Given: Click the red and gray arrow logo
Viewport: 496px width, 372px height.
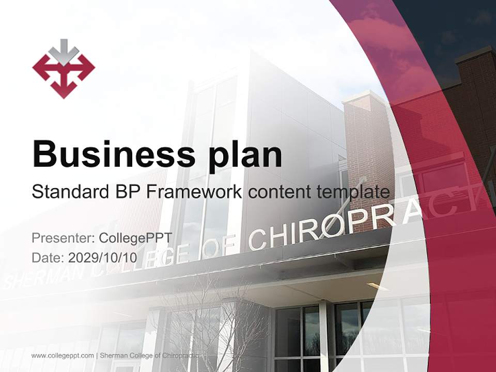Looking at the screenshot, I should (64, 69).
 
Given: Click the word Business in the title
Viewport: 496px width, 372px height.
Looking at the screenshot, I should (114, 153).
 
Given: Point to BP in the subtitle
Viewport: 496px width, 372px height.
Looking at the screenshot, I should (124, 192).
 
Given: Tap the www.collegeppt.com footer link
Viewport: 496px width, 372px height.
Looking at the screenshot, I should (63, 355).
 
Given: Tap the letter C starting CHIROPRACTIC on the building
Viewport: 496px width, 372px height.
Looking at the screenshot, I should (257, 238).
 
